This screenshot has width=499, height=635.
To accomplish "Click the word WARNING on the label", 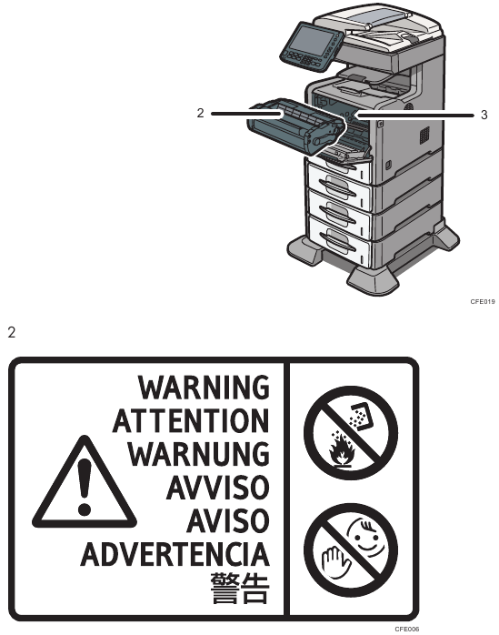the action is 204,388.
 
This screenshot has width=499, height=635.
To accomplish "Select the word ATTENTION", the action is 191,421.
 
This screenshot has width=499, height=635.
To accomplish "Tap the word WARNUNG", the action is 199,454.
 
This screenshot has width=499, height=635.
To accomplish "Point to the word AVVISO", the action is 218,488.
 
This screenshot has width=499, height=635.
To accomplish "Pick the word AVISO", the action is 228,520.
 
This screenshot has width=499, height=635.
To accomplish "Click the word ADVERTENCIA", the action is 175,554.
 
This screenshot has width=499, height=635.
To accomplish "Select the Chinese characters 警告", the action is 240,588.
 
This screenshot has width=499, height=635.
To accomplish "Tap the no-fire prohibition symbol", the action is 351,432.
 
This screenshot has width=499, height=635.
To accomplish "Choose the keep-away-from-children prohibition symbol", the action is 351,550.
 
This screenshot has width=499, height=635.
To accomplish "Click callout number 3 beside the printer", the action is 484,115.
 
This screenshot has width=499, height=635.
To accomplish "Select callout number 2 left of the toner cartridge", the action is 200,114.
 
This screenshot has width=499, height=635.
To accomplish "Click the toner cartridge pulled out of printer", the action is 295,126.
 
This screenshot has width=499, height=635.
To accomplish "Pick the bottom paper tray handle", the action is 337,243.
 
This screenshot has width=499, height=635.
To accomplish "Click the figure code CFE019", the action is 483,302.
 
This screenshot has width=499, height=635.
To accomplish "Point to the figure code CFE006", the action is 406,629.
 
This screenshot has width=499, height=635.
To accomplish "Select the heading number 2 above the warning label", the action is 11,332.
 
